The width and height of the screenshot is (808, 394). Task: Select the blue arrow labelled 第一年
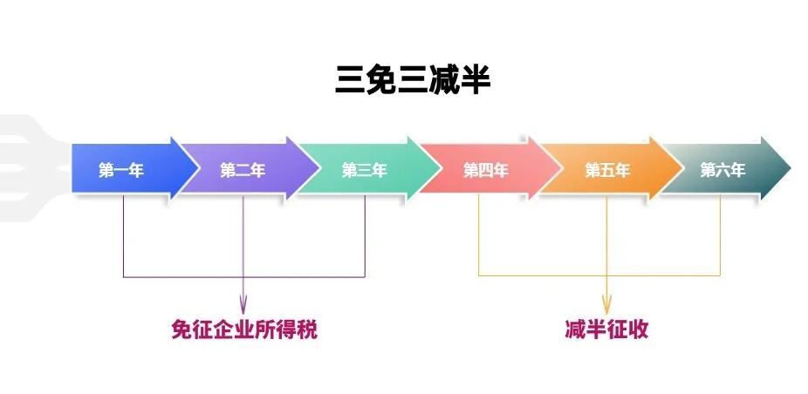pos(122,170)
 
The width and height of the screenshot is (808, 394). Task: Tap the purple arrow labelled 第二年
pos(243,170)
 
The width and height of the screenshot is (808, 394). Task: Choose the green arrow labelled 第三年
pos(364,170)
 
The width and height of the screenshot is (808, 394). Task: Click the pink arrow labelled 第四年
pos(485,170)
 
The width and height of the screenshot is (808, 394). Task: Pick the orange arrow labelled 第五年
pos(606,170)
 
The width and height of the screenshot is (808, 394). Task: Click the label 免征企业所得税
pos(243,330)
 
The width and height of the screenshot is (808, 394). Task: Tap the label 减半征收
pos(606,330)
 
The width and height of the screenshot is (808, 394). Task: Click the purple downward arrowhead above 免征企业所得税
pos(243,305)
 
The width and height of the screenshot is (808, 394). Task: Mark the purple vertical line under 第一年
pos(123,235)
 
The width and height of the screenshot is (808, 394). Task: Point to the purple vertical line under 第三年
pos(365,235)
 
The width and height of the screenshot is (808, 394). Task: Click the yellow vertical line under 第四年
pos(478,235)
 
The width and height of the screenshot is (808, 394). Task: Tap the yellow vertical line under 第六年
pos(720,235)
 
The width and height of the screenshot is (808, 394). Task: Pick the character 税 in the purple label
pos(306,330)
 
